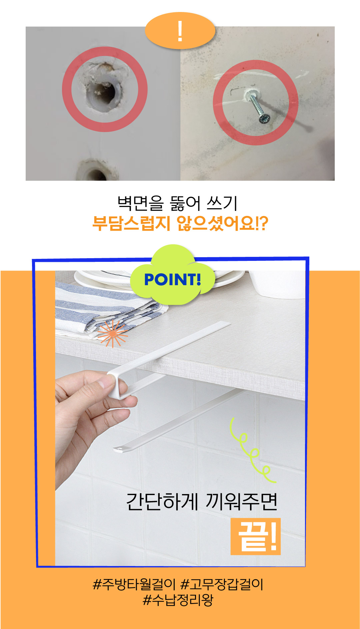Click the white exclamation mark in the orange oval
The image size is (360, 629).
tap(180, 31)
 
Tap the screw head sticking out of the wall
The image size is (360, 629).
tap(265, 118)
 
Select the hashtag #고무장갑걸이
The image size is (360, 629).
tap(222, 584)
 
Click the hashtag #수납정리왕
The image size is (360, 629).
tap(178, 600)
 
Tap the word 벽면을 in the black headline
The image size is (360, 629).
tap(140, 203)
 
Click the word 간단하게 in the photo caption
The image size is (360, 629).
tap(162, 501)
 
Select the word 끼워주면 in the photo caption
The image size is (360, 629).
tap(242, 501)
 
